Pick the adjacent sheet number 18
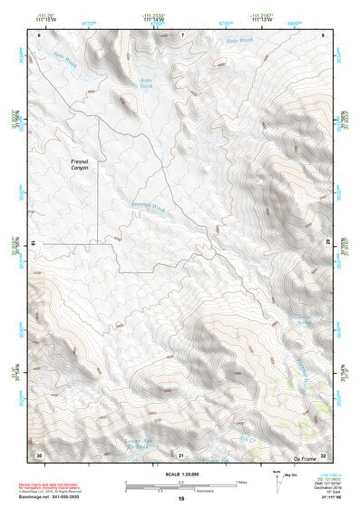[34, 242]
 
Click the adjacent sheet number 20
[328, 242]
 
